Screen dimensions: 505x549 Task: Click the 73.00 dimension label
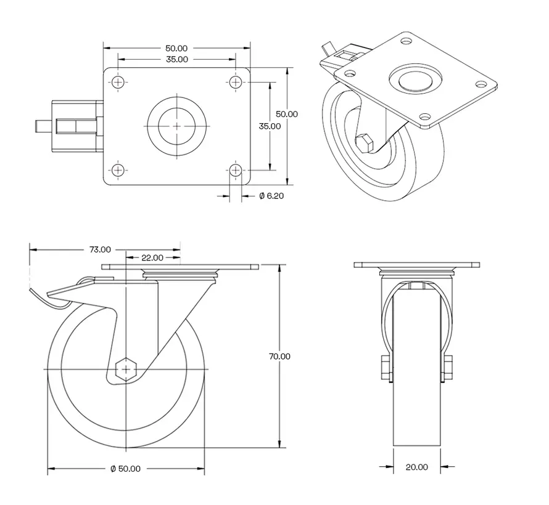(x=100, y=249)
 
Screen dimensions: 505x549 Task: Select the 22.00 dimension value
(x=152, y=257)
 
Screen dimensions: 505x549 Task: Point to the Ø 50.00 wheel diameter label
(x=125, y=469)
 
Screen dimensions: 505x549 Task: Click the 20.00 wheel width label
(x=417, y=467)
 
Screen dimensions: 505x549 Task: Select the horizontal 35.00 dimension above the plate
(x=176, y=59)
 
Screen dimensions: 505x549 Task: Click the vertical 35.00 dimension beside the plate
(x=270, y=126)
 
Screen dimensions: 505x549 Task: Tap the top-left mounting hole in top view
(x=118, y=82)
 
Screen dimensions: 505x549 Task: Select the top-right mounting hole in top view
(x=236, y=82)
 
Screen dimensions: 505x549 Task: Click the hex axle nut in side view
(x=126, y=369)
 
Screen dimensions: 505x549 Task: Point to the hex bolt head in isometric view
(x=364, y=142)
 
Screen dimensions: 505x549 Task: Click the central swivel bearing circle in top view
(x=177, y=125)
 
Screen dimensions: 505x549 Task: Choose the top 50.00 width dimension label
(x=176, y=48)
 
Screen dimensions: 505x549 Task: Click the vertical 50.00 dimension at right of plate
(x=286, y=114)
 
